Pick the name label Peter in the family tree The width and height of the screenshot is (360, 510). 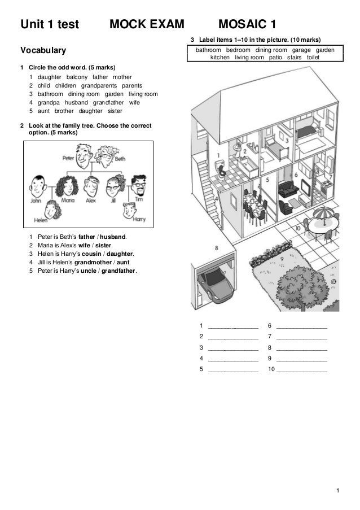click(69, 159)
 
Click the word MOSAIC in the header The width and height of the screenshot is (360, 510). click(242, 25)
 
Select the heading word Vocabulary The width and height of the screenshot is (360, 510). click(43, 51)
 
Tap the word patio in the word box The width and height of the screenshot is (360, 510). click(276, 58)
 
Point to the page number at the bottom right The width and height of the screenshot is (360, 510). click(337, 489)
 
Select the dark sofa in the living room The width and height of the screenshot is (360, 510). click(289, 189)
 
